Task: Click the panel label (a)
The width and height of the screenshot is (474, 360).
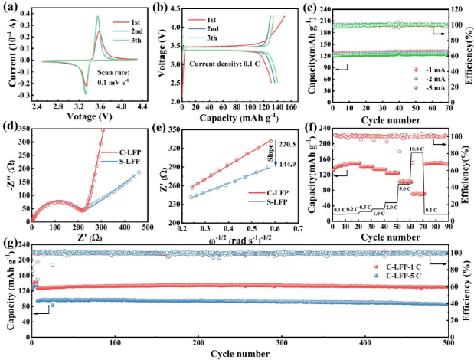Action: click(9, 7)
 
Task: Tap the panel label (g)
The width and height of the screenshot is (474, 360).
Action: click(8, 244)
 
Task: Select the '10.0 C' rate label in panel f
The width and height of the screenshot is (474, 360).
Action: click(417, 149)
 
